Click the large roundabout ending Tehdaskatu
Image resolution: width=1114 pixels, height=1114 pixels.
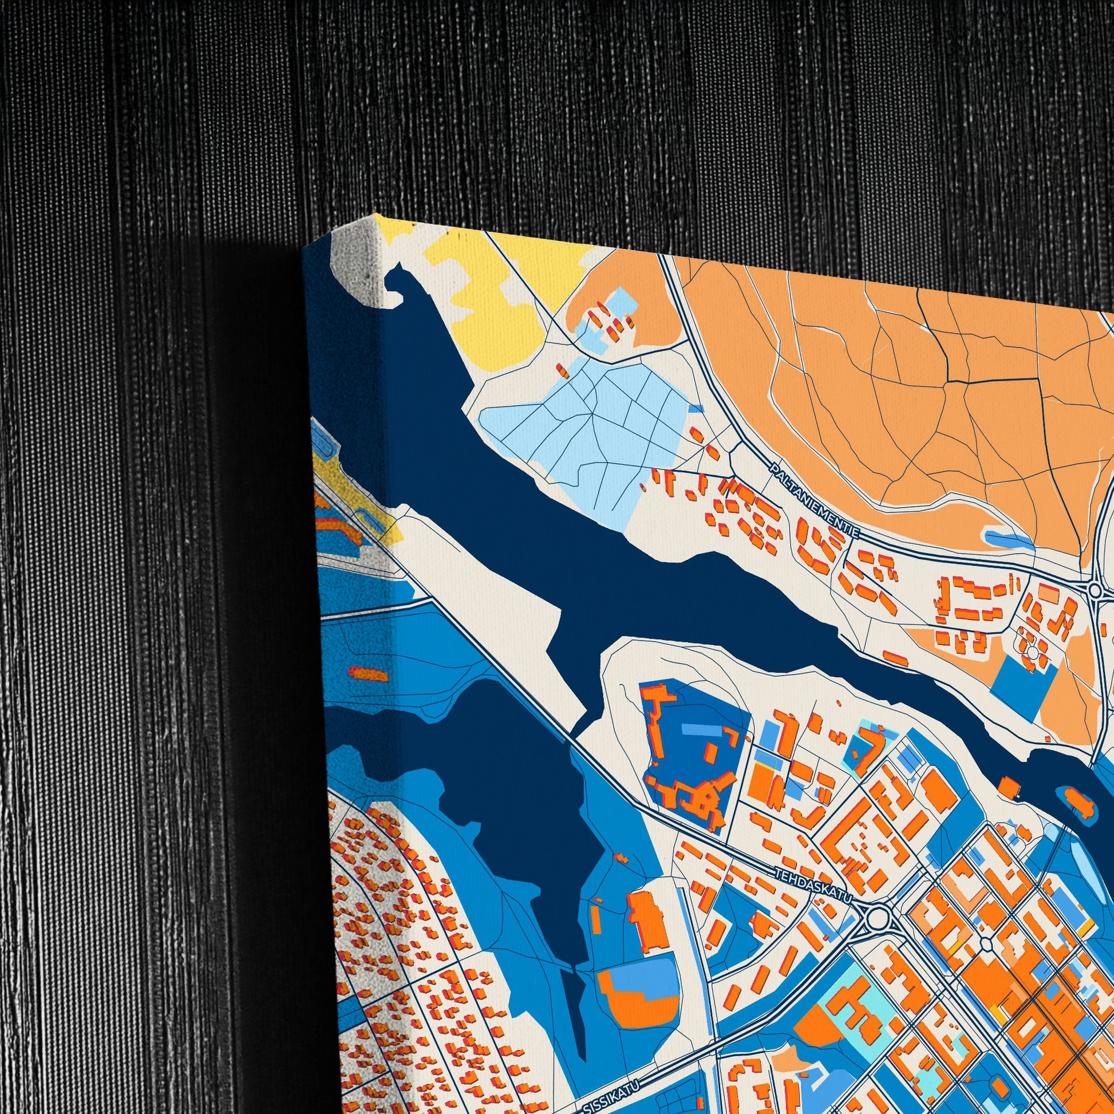tap(876, 918)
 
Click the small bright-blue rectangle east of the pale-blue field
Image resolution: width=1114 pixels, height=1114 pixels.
tap(696, 408)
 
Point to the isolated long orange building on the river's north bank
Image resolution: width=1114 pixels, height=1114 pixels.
tap(895, 658)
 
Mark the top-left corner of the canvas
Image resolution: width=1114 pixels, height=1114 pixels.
tap(303, 247)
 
